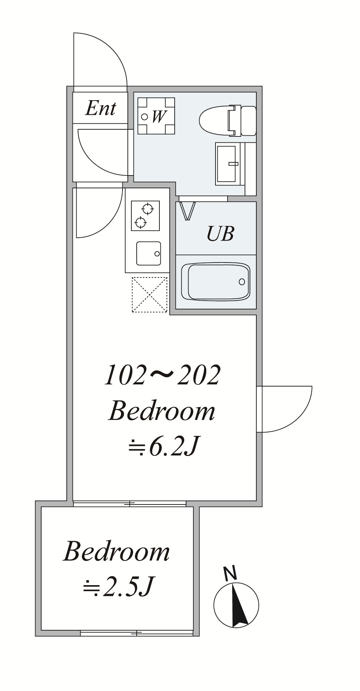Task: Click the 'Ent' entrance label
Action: click(x=100, y=108)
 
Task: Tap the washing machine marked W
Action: click(x=156, y=116)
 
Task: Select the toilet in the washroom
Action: click(x=228, y=120)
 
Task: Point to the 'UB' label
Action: click(x=220, y=234)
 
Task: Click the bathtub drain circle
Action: click(x=242, y=282)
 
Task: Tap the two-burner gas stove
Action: click(x=145, y=216)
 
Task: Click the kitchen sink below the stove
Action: click(x=149, y=253)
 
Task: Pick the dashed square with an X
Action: click(x=149, y=295)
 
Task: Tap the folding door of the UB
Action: click(x=187, y=211)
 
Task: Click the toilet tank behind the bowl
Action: click(x=249, y=120)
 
